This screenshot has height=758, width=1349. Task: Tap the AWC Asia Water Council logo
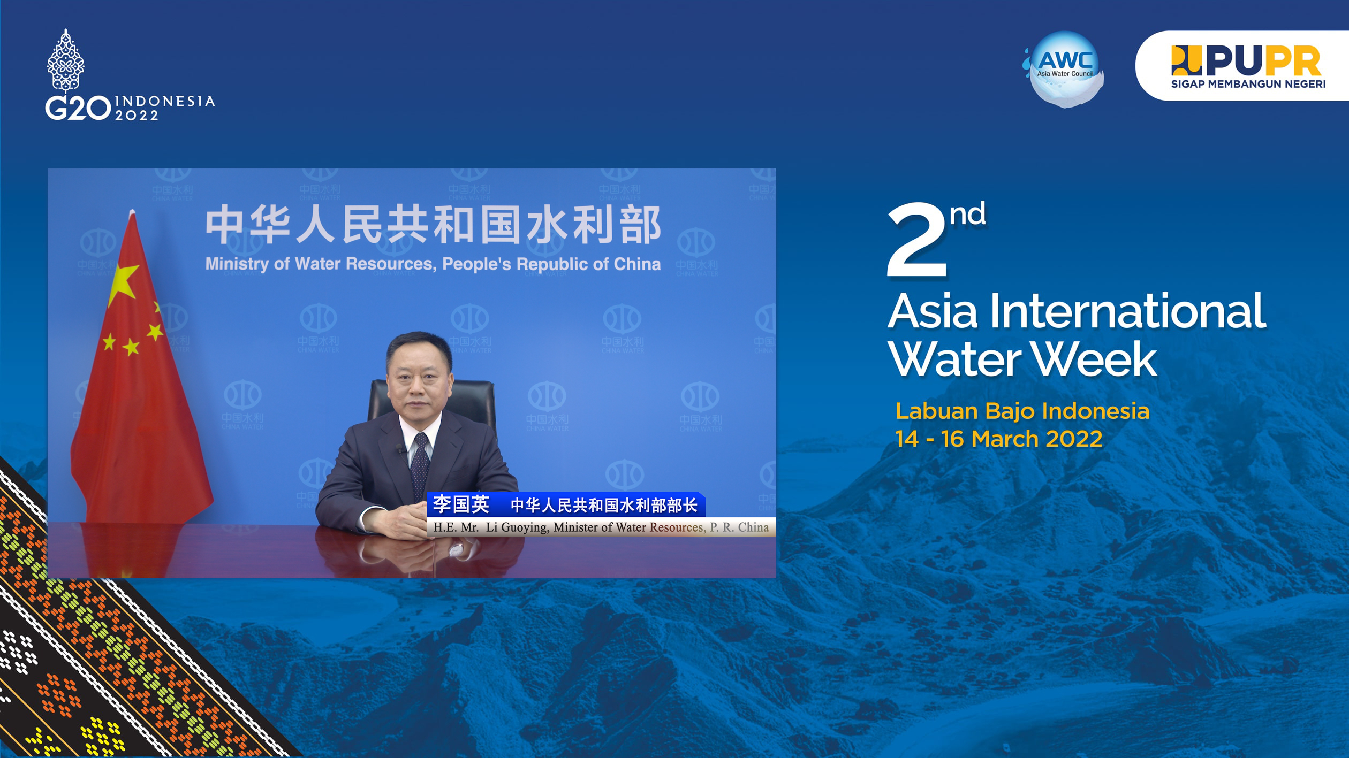click(1064, 69)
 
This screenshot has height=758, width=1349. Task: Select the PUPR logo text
click(1246, 61)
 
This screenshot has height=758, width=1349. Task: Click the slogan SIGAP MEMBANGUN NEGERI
click(1248, 84)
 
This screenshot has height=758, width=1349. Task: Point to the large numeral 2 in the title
click(916, 240)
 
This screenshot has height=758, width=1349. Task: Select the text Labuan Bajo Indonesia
click(1022, 411)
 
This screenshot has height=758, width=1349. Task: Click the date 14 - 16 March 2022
click(999, 439)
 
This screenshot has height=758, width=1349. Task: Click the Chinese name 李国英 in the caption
click(461, 504)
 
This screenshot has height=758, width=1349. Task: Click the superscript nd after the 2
click(967, 214)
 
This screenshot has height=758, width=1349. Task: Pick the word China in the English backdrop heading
click(637, 264)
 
